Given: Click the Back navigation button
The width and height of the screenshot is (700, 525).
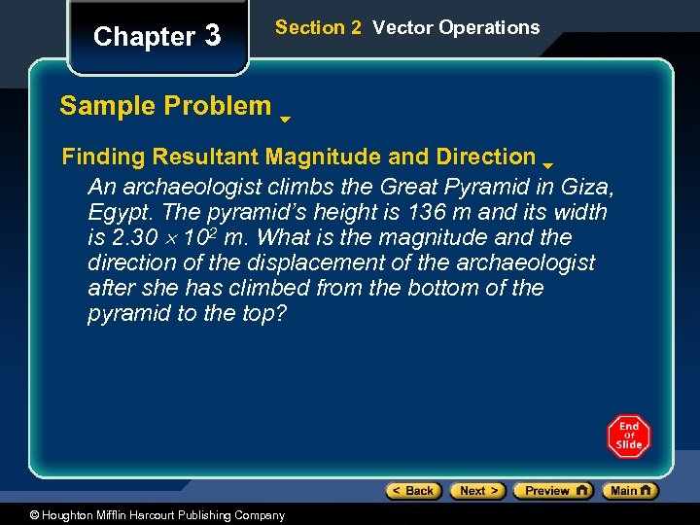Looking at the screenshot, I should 414,491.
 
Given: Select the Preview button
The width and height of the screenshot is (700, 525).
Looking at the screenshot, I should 553,491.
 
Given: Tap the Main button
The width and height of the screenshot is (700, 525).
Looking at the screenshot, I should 630,491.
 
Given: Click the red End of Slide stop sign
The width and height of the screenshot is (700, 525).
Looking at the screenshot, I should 629,437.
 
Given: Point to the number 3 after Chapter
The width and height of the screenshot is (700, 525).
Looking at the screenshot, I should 213,37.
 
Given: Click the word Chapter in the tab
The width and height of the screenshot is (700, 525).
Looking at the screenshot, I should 144,37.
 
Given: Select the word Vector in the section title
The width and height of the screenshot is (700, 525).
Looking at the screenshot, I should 402,27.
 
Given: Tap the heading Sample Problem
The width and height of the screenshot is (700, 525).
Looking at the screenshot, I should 165,106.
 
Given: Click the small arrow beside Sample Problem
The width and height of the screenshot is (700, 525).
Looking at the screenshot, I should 285,121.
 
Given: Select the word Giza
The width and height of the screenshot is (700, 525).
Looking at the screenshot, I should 586,187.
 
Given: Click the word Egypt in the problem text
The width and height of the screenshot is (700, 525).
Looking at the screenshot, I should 115,212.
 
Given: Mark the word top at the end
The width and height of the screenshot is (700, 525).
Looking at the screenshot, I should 263,314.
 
